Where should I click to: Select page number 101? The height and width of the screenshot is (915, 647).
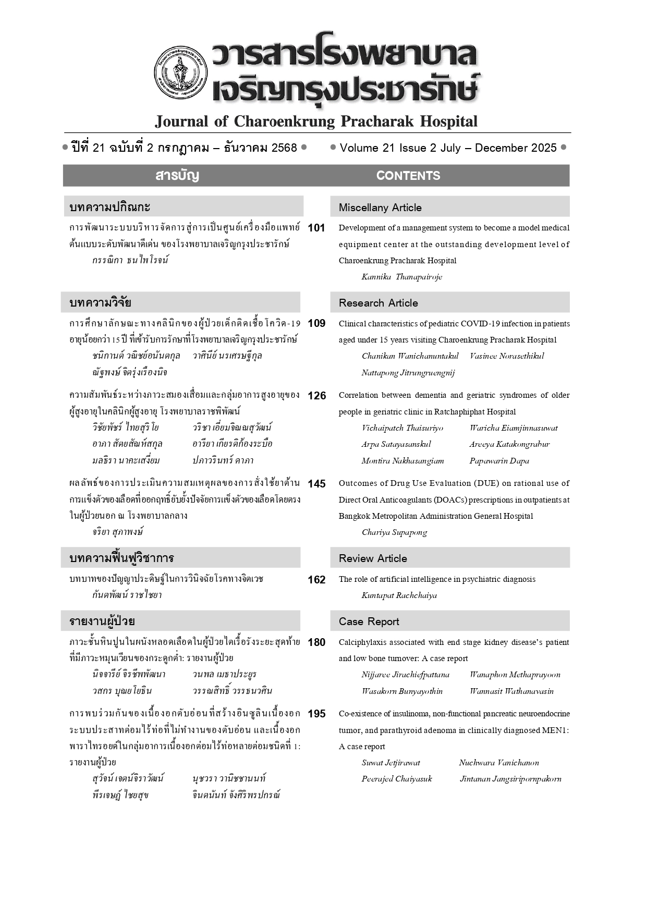316,228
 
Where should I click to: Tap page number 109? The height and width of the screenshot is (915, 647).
316,323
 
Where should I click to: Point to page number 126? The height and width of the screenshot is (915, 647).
316,396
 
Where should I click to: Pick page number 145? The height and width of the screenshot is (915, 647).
316,484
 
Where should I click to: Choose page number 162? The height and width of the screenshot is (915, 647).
316,580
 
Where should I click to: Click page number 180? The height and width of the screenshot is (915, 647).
316,642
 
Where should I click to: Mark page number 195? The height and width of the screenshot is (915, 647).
316,714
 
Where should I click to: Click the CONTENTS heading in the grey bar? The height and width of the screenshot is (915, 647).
408,176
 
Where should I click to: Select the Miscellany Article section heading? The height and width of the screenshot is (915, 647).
380,208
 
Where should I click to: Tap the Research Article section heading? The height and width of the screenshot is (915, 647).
378,303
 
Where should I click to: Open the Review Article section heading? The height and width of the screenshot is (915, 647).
373,558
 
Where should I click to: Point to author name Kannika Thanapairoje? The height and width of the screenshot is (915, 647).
401,277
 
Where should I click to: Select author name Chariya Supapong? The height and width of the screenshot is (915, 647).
394,532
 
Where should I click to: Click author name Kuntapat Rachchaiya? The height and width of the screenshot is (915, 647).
399,595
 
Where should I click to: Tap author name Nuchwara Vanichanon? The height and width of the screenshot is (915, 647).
498,763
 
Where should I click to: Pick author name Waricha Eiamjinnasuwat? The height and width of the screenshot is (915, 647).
513,428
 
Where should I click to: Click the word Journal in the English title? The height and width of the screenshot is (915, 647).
181,121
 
